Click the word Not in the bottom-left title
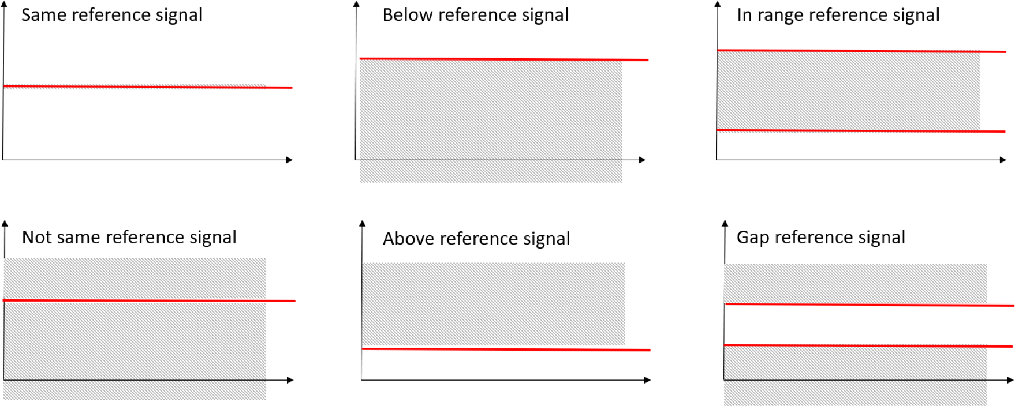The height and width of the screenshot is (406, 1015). [36, 237]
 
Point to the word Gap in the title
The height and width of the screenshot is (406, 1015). [752, 237]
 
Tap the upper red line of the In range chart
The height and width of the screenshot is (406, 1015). [861, 51]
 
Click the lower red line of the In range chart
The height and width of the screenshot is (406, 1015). [861, 131]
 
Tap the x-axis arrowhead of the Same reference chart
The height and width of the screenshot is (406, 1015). [290, 160]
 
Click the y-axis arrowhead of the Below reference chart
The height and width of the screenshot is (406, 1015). [357, 4]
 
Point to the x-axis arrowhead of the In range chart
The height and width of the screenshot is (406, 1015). [1003, 160]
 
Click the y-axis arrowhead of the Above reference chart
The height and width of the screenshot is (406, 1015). [363, 223]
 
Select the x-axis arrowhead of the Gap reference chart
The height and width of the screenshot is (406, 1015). [1010, 380]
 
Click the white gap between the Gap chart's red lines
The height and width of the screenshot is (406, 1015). [854, 325]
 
